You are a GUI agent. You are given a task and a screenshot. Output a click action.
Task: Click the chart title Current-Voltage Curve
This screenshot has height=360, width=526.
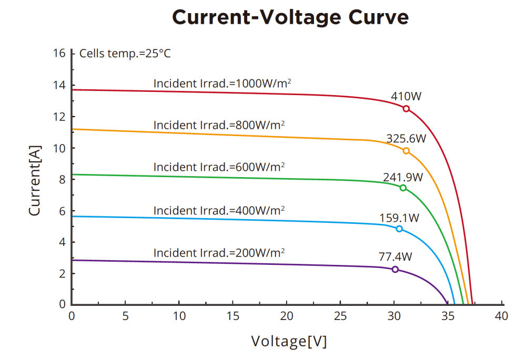(290, 17)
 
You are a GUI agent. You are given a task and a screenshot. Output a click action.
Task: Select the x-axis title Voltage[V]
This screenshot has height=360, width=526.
(289, 341)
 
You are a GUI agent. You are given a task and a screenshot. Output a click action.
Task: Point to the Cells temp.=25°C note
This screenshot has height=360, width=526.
(125, 53)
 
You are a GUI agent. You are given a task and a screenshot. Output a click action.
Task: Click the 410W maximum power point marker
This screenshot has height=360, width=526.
(406, 109)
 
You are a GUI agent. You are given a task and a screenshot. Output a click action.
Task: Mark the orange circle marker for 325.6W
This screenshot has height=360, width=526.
(406, 151)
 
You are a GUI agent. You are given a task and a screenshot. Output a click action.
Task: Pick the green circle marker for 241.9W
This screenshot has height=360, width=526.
(403, 188)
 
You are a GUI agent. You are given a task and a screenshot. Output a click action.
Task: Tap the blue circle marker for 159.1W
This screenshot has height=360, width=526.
(399, 229)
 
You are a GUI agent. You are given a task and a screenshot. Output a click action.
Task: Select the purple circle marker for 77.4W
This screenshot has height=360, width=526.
(395, 269)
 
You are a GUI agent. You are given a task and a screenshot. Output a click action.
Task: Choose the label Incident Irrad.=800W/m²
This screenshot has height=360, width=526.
(219, 125)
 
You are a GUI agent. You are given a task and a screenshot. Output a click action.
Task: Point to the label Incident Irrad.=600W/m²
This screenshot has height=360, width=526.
(219, 167)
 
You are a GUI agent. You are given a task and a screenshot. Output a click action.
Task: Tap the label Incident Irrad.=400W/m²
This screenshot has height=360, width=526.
(219, 210)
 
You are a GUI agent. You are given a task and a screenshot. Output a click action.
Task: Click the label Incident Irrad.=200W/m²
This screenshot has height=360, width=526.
(219, 252)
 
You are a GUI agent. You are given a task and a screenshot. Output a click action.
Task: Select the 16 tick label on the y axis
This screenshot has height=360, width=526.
(59, 54)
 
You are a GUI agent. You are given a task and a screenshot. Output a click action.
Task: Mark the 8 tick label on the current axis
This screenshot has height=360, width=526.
(62, 179)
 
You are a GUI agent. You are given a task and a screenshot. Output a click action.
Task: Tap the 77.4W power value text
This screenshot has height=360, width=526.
(395, 257)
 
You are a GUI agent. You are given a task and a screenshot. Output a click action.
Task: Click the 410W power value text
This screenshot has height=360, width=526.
(406, 97)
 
